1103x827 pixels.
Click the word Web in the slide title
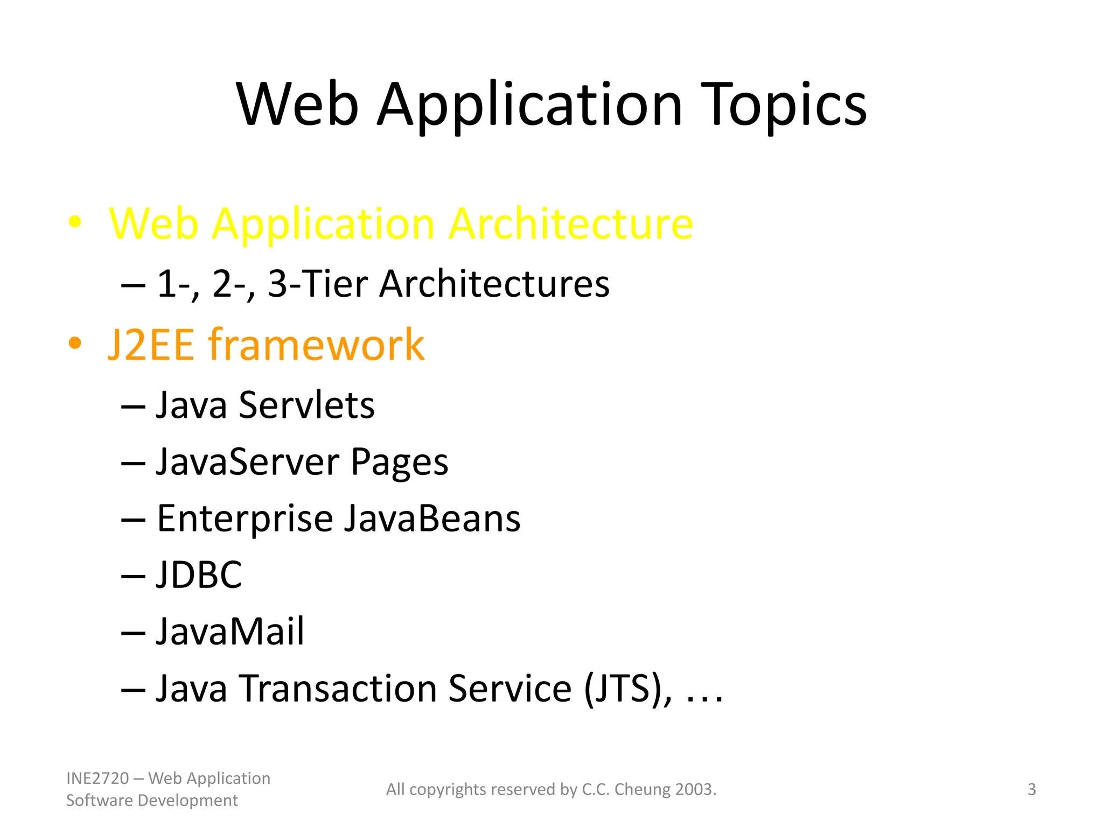coord(297,105)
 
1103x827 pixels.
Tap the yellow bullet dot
coord(75,222)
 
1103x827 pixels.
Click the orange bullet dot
coord(75,343)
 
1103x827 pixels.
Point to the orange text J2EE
coord(151,345)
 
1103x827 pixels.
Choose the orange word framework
coord(317,345)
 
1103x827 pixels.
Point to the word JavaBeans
coord(432,519)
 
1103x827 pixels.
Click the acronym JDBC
coord(199,575)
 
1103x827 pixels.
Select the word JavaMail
coord(230,632)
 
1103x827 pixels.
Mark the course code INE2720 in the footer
coord(97,779)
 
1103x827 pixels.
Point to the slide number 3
coord(1031,789)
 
